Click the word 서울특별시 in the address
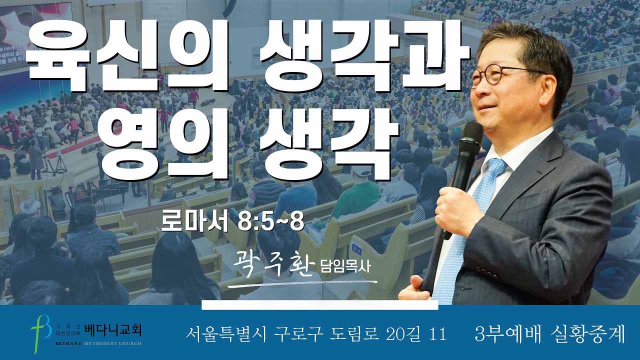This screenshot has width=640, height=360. coord(225,333)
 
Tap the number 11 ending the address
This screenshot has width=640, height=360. coord(437,333)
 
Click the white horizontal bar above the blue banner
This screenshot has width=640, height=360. coord(319,305)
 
